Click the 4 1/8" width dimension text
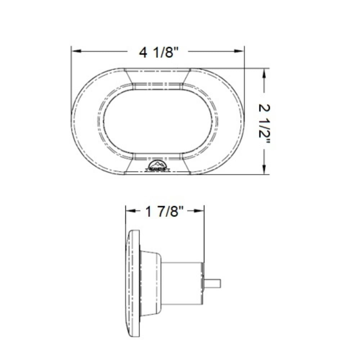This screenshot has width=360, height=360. (x=159, y=53)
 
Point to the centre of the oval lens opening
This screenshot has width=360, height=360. (x=157, y=122)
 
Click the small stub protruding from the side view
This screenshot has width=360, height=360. (x=212, y=283)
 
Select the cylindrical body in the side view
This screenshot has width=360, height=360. (x=182, y=283)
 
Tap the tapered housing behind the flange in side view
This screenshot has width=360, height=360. (x=150, y=283)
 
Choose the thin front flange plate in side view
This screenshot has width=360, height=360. (x=134, y=283)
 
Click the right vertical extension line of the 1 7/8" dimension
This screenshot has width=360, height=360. (x=204, y=234)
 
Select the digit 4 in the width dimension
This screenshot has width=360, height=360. (x=143, y=53)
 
